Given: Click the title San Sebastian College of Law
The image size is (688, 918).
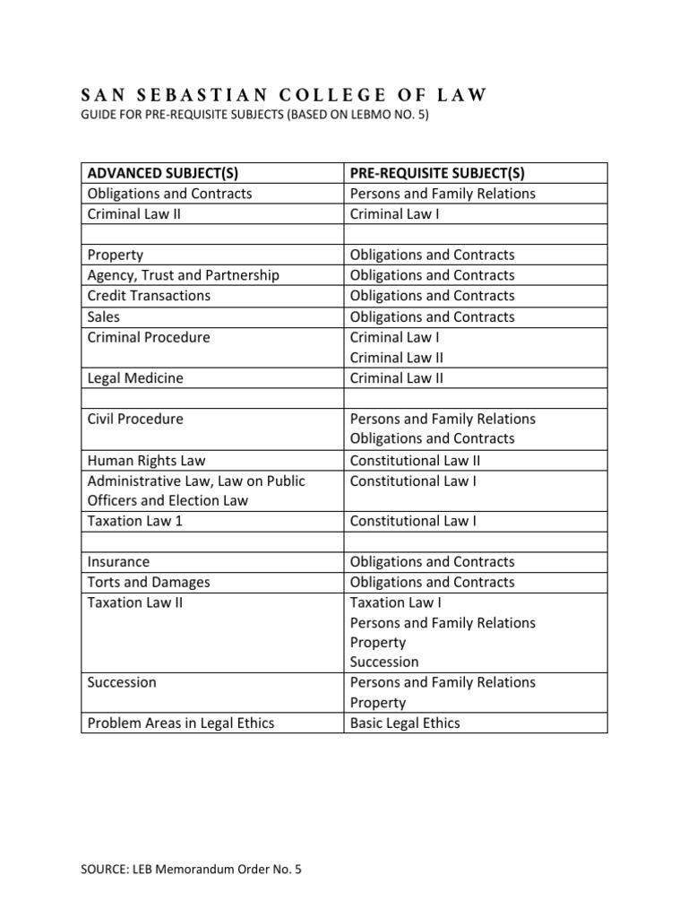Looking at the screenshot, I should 284,96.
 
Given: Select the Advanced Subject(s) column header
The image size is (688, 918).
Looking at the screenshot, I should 162,173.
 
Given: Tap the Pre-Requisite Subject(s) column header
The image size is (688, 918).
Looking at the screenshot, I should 437,173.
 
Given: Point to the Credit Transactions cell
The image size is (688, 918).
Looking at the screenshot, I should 149,296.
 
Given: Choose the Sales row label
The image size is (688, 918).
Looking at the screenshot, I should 104,316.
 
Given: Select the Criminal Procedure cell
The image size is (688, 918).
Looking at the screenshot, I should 149,337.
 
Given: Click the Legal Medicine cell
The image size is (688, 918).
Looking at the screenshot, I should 134,378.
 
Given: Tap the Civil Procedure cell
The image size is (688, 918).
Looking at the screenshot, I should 134,419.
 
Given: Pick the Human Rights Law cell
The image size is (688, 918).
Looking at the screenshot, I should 146,460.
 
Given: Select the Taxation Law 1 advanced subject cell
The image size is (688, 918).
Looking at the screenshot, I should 134,521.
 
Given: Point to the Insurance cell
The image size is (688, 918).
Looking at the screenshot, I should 118,562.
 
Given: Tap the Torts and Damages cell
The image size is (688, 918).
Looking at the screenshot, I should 149,583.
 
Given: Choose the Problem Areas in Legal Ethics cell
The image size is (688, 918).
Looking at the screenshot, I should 180,723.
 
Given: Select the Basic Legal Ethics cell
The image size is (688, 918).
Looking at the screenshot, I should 405,723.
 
